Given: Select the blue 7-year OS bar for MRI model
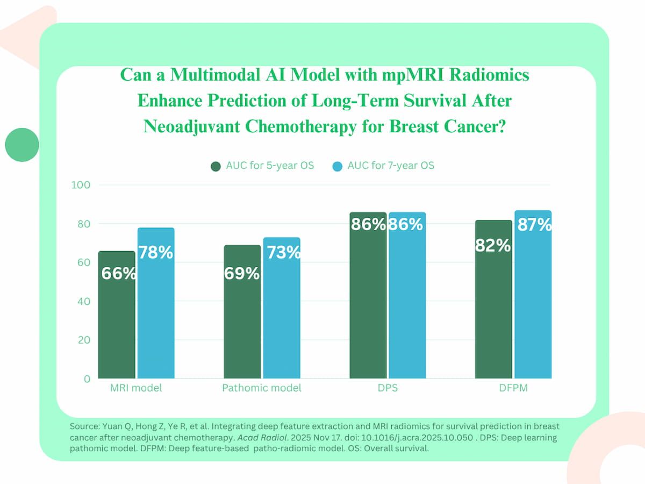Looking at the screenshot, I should pyautogui.click(x=156, y=323).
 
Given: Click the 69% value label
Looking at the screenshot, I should pyautogui.click(x=242, y=274).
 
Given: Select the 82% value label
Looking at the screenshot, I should pyautogui.click(x=493, y=246).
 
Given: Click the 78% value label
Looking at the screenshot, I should pyautogui.click(x=156, y=252).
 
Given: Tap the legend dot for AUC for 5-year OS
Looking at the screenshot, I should pyautogui.click(x=216, y=166).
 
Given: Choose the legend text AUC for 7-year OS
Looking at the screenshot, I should pyautogui.click(x=391, y=166).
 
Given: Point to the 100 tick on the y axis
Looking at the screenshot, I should pyautogui.click(x=80, y=185).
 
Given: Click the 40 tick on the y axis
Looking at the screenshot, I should pyautogui.click(x=82, y=301).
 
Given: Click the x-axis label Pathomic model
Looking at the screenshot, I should pyautogui.click(x=262, y=388).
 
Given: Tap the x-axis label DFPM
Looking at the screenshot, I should pyautogui.click(x=513, y=388).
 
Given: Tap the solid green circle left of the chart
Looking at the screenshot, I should pyautogui.click(x=22, y=144).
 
